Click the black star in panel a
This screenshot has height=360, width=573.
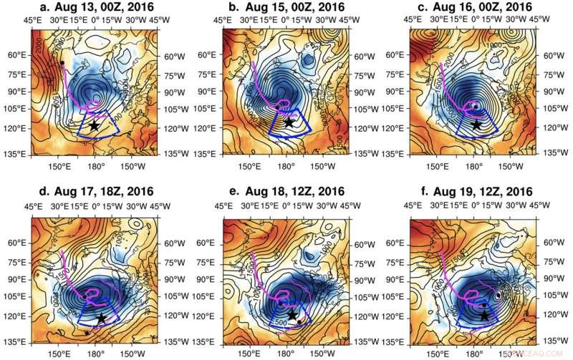94,125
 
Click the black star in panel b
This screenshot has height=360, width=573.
289,122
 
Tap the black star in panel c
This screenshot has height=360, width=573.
476,125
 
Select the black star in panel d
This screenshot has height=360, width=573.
101,317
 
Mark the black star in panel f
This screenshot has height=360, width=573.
485,315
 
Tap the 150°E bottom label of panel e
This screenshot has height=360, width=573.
248,353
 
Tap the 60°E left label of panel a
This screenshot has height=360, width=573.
16,55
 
